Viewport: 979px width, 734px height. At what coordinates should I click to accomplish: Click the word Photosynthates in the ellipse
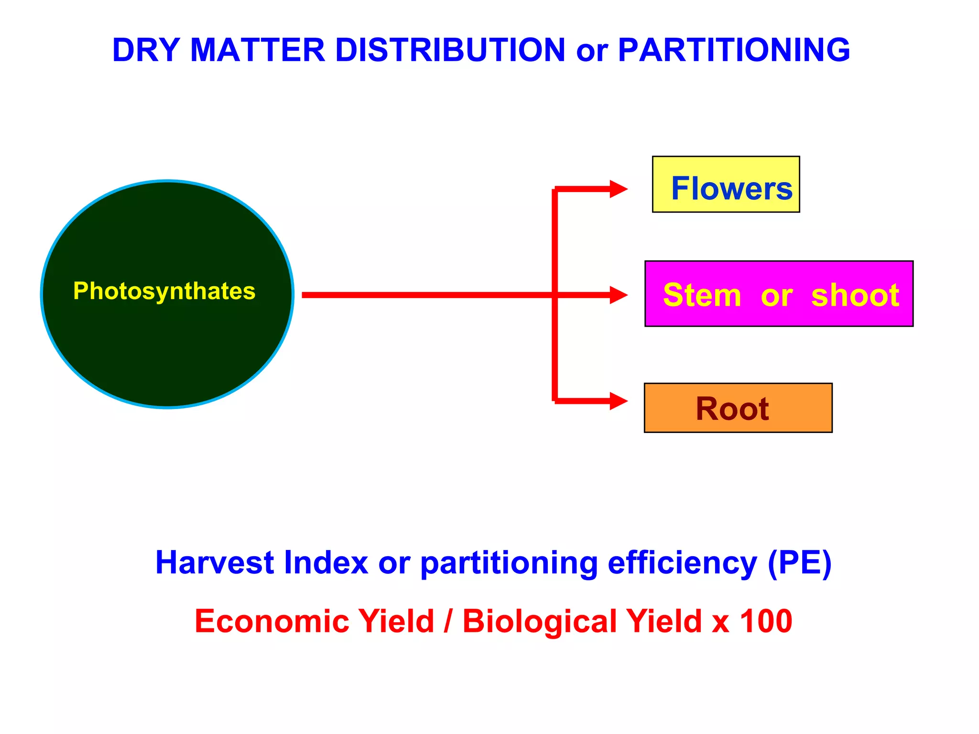(x=164, y=291)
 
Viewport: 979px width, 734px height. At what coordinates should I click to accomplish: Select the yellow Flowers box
(x=726, y=184)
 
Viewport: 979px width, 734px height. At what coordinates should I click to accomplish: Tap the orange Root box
(x=738, y=408)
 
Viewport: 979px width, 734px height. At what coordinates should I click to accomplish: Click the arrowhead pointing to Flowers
(x=619, y=189)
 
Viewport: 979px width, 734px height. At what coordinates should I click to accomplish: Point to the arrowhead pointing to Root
(x=619, y=401)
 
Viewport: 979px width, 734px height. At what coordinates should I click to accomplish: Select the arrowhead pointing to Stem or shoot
(x=619, y=295)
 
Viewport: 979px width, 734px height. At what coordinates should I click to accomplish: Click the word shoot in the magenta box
(x=855, y=295)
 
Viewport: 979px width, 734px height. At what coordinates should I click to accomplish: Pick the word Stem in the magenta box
(x=702, y=295)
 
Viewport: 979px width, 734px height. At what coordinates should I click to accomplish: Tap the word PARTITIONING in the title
(x=734, y=50)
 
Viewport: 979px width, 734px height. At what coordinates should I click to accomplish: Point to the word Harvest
(x=215, y=562)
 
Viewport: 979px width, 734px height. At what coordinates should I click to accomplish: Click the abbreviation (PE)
(x=800, y=562)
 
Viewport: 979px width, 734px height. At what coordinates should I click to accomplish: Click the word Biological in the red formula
(x=540, y=621)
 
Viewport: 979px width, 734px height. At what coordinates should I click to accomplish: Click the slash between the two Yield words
(x=448, y=621)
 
